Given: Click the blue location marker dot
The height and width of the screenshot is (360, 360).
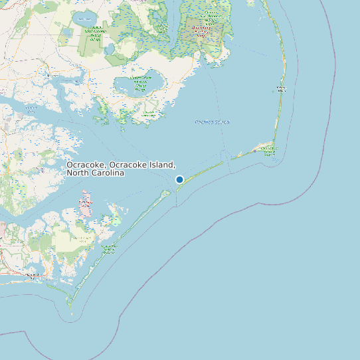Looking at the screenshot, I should pos(179,179).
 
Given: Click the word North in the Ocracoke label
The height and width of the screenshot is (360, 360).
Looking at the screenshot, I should pos(79,173).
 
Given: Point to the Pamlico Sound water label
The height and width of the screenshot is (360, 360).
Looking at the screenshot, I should pos(212,122).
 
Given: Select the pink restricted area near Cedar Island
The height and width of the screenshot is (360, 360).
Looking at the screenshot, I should pos(86,203).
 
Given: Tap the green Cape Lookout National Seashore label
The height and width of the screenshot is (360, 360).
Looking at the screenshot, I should pos(109,249).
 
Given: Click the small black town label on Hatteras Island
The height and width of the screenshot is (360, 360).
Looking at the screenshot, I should pos(282,88).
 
